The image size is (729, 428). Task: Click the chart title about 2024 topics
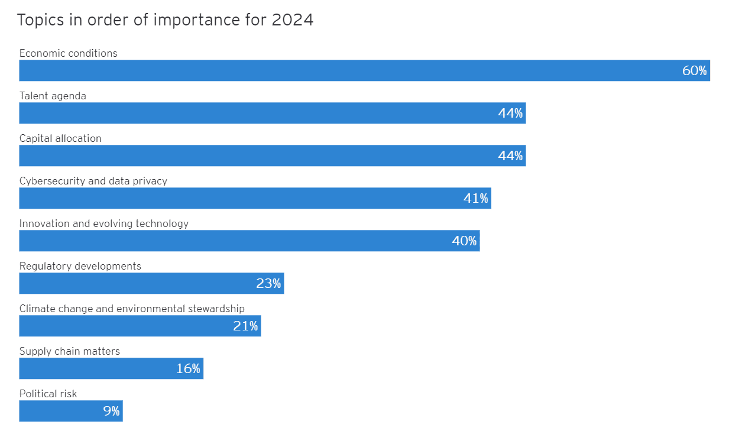(165, 20)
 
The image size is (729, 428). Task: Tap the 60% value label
(694, 71)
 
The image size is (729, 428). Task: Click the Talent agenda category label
(53, 96)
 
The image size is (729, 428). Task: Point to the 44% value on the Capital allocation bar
(510, 156)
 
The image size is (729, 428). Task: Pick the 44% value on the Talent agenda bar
(510, 114)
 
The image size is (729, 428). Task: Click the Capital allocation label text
(60, 138)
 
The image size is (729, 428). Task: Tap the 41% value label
(476, 199)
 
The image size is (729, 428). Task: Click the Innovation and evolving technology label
(104, 223)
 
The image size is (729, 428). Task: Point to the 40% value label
(464, 241)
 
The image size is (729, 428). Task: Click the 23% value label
(268, 284)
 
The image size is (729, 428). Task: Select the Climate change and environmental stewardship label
(132, 309)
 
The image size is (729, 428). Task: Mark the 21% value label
(245, 326)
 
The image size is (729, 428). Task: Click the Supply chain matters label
(70, 351)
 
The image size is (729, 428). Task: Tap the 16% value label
(188, 369)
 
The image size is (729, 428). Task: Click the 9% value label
(111, 411)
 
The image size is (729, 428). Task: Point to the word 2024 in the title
(292, 20)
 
